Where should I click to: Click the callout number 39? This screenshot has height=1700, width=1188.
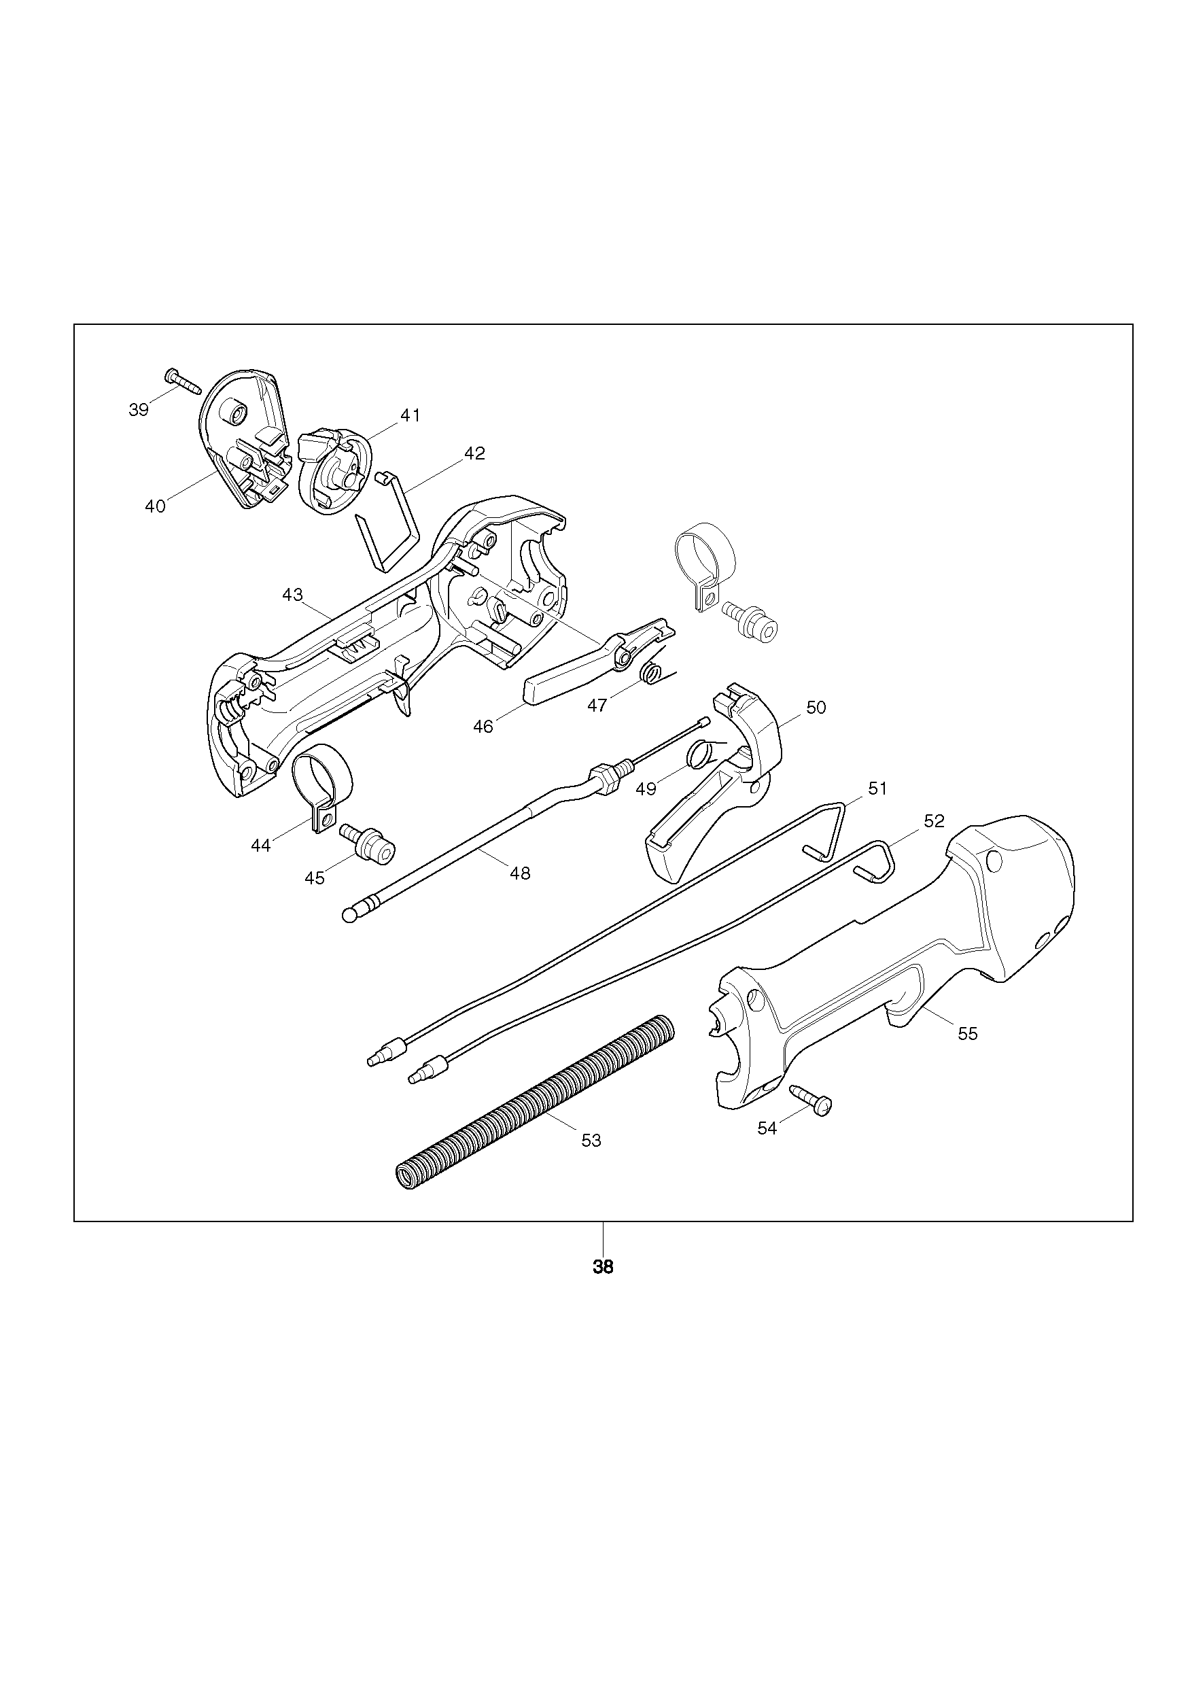139,409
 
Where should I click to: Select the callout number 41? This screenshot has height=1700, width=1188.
410,416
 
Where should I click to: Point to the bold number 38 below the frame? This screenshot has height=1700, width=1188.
604,1267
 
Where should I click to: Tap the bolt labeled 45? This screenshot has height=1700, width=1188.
367,844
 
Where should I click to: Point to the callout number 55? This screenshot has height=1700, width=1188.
967,1034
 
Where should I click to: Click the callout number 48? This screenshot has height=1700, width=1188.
521,873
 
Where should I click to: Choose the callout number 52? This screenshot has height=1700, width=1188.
934,821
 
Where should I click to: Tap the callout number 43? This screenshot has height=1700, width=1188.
292,595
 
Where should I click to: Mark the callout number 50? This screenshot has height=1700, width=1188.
816,708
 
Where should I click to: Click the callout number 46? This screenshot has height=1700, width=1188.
483,727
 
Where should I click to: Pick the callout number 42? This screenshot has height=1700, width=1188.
474,453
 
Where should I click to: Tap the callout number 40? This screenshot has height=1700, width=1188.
156,506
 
